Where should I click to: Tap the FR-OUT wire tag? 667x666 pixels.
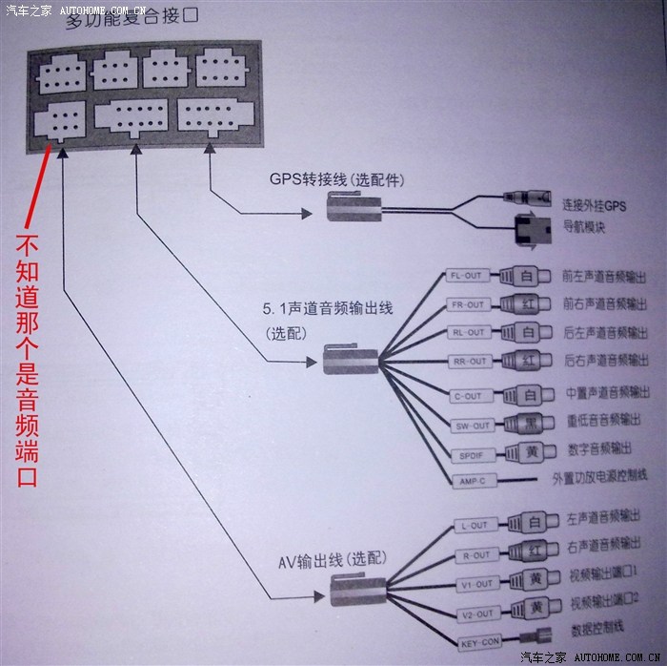pyautogui.click(x=467, y=304)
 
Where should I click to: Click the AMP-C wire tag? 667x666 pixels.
pyautogui.click(x=470, y=481)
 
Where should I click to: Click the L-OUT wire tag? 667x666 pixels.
pyautogui.click(x=474, y=525)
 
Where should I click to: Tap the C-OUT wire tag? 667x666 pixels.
pyautogui.click(x=468, y=396)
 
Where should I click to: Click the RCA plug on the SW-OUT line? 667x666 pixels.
pyautogui.click(x=528, y=424)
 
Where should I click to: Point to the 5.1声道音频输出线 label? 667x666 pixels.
pyautogui.click(x=328, y=309)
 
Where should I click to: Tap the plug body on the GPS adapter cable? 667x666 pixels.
pyautogui.click(x=354, y=206)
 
